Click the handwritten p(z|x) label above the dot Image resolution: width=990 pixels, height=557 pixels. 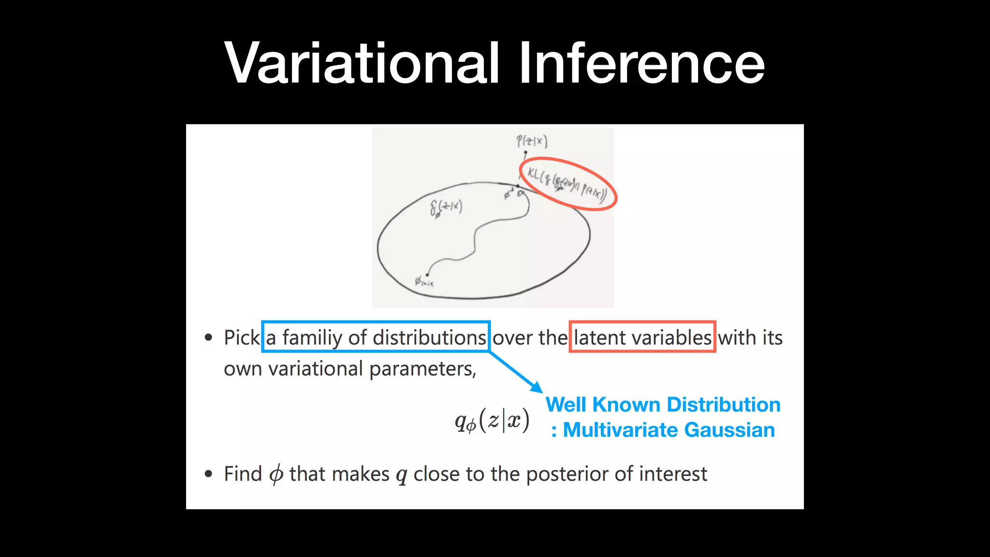pos(531,141)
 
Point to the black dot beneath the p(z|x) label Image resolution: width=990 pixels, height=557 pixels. pos(525,153)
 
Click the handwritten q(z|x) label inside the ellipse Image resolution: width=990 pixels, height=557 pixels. pos(446,208)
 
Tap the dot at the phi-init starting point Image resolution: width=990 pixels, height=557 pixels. pos(427,275)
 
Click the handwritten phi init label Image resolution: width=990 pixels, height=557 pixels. pos(424,282)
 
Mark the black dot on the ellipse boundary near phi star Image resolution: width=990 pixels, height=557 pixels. pos(518,186)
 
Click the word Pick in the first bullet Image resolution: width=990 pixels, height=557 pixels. pos(242,337)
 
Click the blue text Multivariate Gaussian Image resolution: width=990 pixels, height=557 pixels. pos(669,430)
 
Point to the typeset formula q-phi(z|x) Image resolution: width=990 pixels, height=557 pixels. pos(492,421)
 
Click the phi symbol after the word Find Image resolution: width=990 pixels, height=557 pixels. pos(276,474)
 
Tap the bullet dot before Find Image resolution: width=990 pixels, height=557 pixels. pos(208,474)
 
